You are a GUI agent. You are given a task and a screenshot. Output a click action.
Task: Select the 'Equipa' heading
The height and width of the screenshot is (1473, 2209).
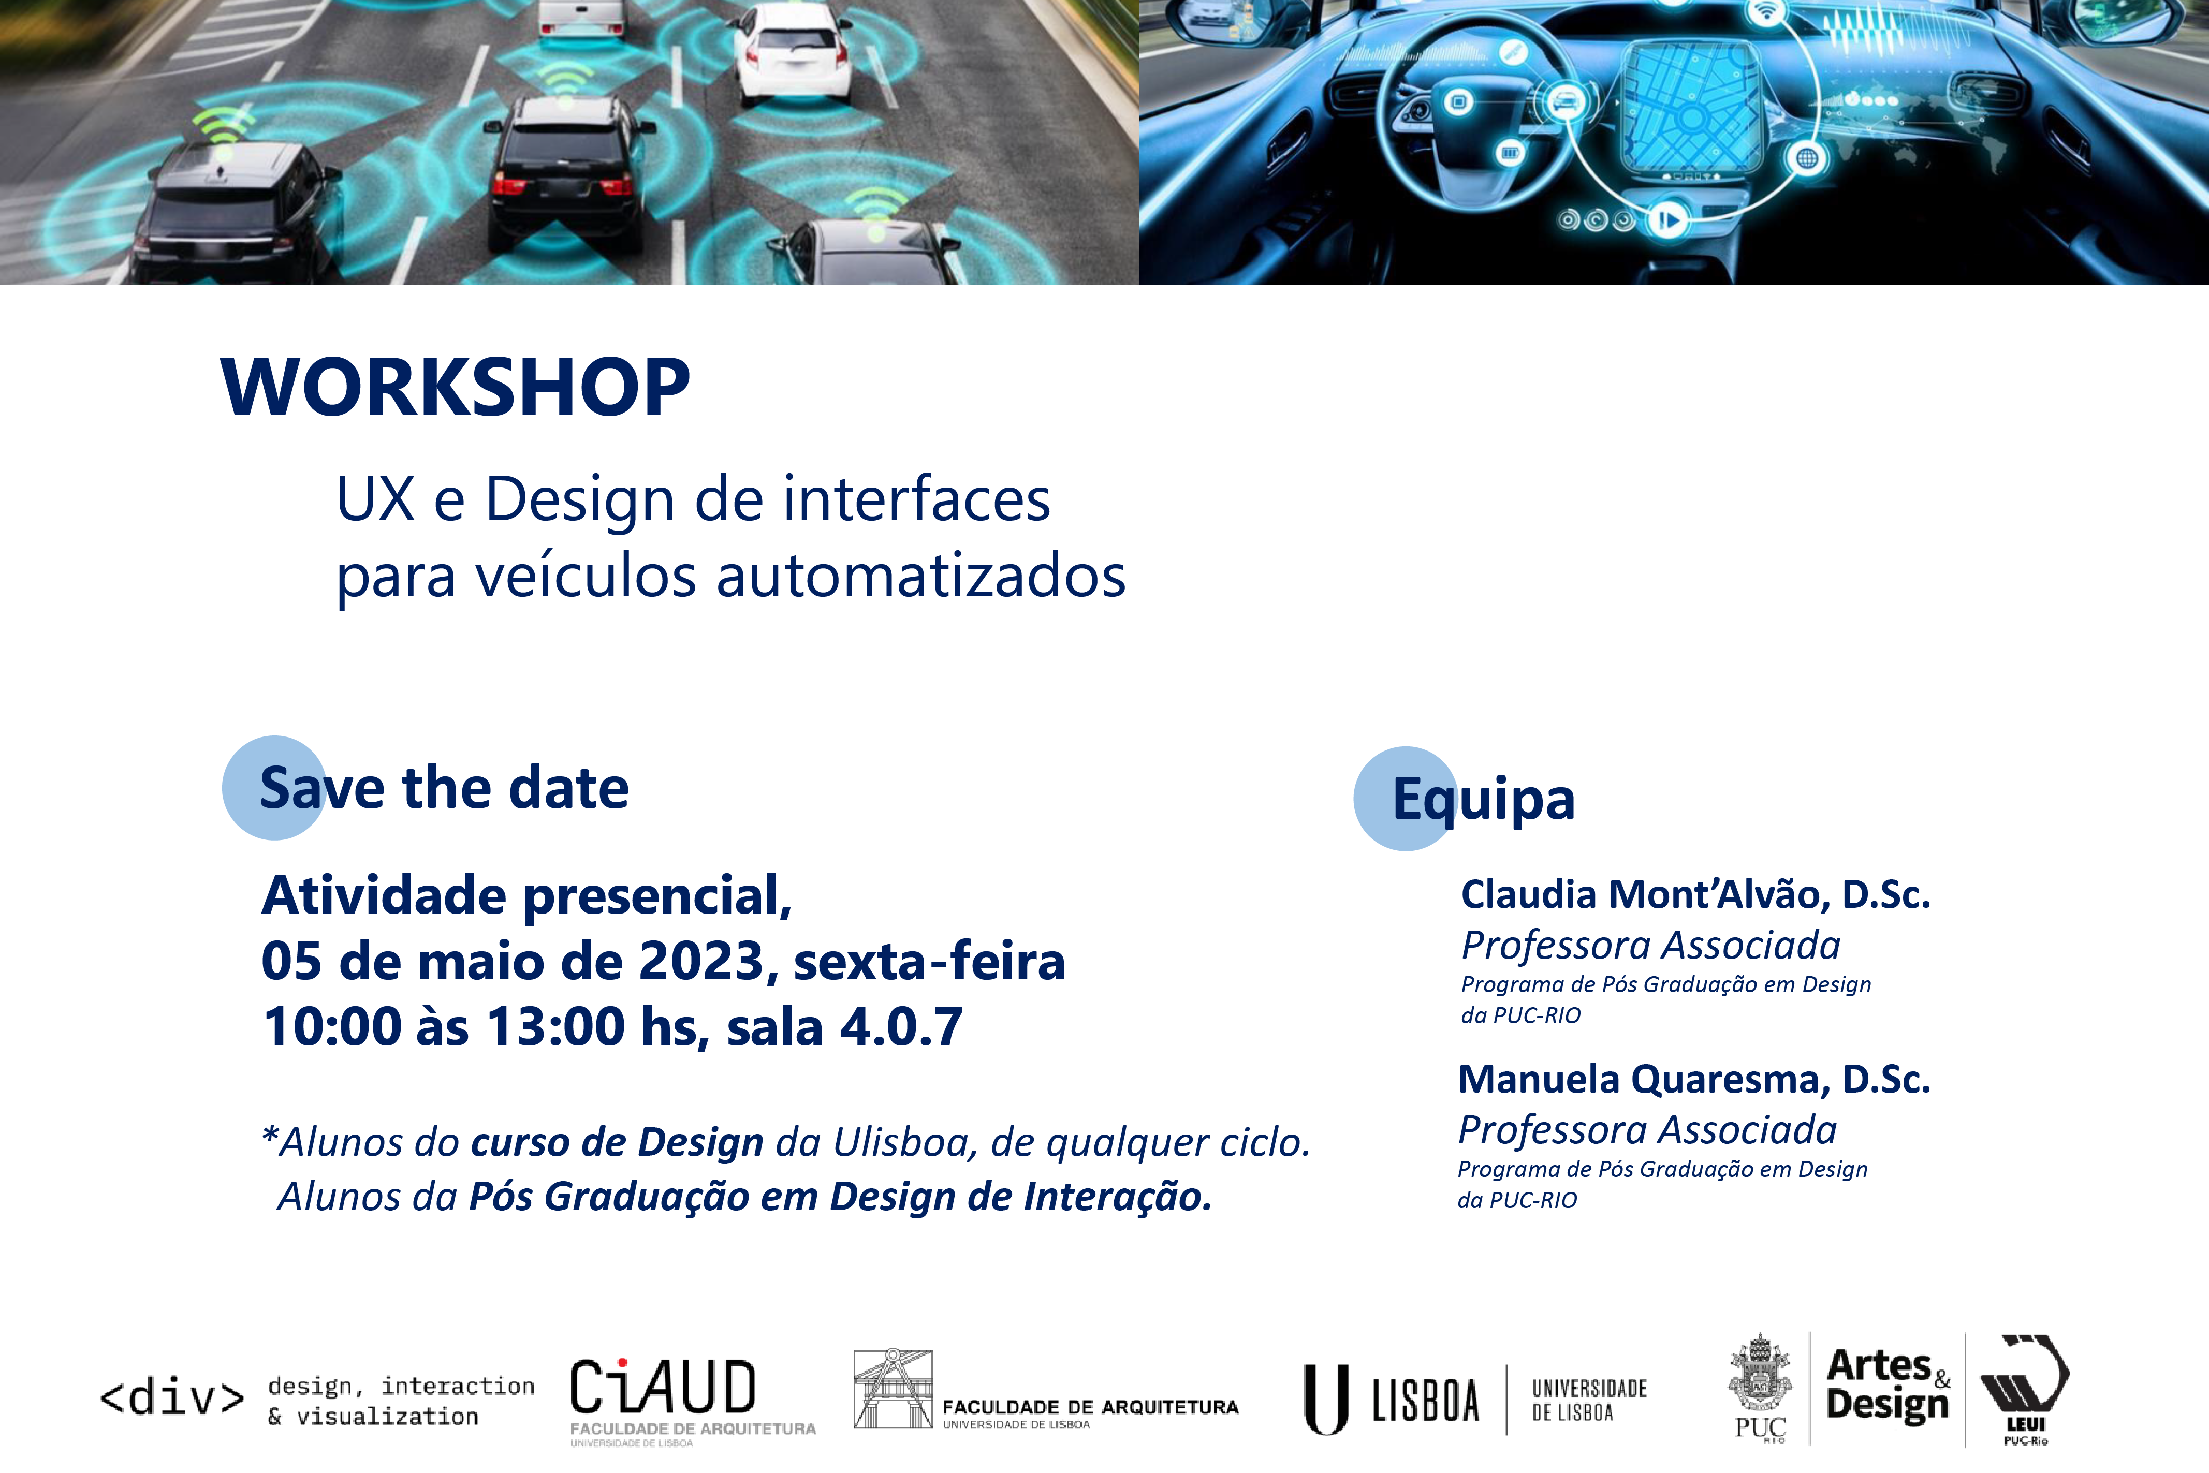pos(1484,800)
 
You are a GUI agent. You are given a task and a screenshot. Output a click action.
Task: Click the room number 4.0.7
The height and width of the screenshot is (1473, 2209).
pos(901,1026)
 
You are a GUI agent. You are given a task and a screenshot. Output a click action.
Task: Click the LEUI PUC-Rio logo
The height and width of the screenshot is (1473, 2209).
pos(2025,1389)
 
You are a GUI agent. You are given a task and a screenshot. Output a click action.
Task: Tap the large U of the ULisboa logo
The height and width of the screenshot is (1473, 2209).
pos(1326,1400)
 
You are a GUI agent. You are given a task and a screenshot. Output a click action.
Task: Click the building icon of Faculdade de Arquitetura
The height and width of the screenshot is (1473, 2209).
pos(893,1389)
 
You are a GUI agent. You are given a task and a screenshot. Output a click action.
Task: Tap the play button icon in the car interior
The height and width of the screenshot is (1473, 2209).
pos(1668,221)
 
